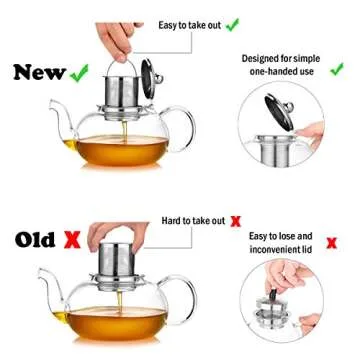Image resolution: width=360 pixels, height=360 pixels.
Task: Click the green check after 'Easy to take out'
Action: click(x=232, y=22)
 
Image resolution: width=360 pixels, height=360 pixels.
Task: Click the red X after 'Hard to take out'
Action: click(x=235, y=219)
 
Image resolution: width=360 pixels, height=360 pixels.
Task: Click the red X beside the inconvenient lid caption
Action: click(x=331, y=242)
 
